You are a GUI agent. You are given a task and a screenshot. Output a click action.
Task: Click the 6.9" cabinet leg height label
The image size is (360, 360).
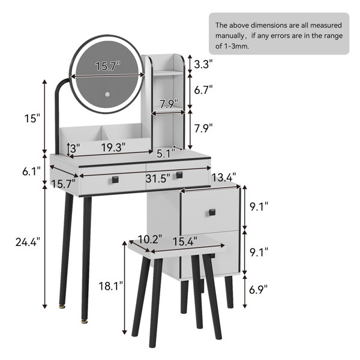(259, 290)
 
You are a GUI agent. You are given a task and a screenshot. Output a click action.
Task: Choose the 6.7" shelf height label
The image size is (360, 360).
(203, 90)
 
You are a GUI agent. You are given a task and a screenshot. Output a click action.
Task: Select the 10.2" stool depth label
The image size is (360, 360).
(149, 239)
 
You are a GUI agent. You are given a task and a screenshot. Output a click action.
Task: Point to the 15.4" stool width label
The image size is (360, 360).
(185, 242)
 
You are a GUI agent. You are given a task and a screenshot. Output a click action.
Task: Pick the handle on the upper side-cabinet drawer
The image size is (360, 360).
(212, 211)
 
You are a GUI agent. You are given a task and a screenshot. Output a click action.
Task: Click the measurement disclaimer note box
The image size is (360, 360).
(278, 34)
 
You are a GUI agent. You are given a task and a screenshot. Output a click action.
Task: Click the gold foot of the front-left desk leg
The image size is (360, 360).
(62, 308)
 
